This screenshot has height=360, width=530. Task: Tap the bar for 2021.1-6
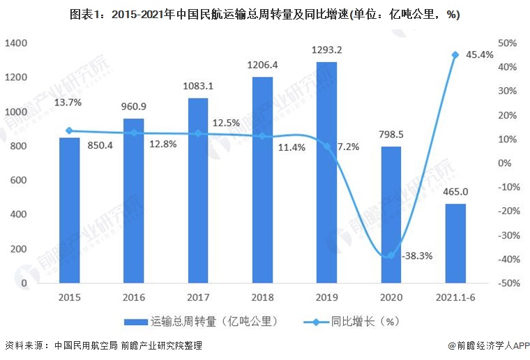pos(455,244)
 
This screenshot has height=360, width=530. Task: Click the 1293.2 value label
pos(326,50)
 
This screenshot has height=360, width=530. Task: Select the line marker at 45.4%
pos(455,54)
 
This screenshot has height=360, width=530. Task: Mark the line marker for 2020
pos(391,255)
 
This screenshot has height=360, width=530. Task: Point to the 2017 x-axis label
pos(197,299)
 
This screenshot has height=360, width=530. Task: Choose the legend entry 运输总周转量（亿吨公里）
pos(202,322)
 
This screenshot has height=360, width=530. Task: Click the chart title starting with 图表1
pos(264,15)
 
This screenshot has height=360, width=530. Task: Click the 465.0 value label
pos(455,192)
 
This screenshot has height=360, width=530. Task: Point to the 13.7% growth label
pos(68,103)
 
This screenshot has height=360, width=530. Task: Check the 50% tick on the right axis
pos(507,43)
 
